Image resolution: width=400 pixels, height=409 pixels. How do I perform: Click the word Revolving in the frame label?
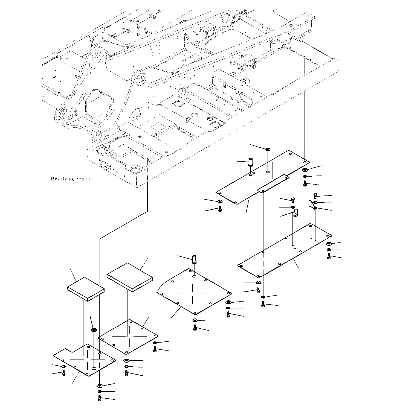click(x=63, y=179)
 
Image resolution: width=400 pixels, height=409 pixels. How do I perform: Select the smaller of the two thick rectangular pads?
click(x=86, y=289)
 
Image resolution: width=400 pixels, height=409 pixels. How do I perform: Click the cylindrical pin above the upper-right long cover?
click(x=250, y=162)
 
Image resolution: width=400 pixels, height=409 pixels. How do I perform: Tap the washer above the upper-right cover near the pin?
click(x=268, y=149)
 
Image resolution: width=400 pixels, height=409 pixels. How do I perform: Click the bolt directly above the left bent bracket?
click(x=293, y=200)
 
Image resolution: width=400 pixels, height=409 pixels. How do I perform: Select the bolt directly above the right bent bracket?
click(x=315, y=195)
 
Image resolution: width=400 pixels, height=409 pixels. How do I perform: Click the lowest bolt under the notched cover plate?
click(x=99, y=399)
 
